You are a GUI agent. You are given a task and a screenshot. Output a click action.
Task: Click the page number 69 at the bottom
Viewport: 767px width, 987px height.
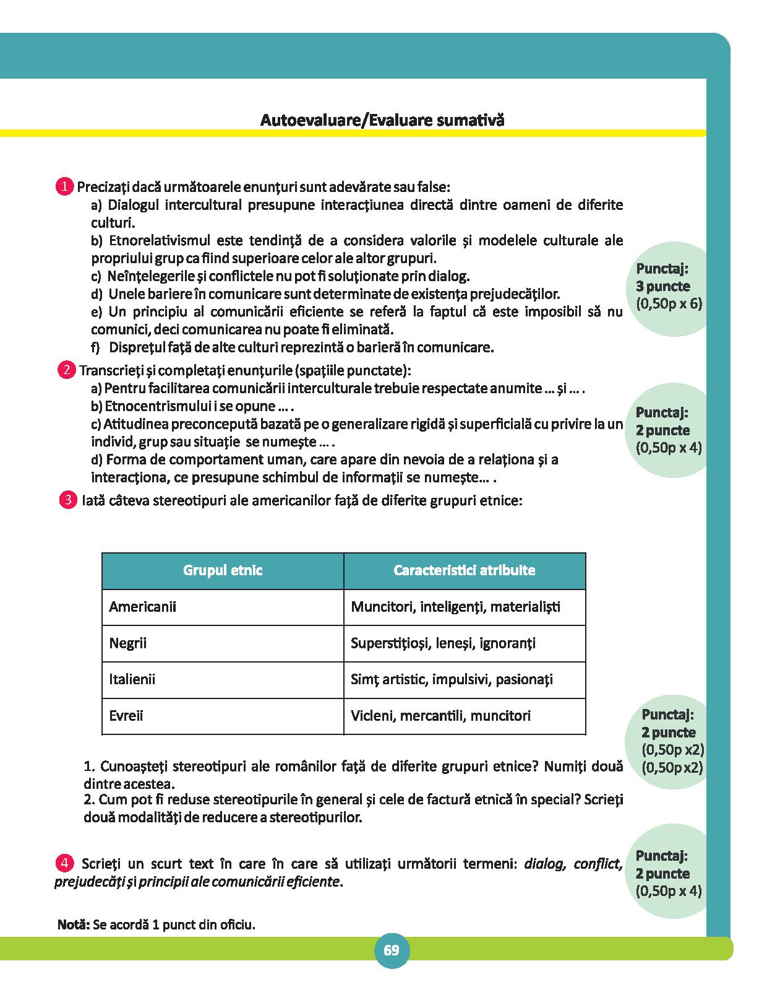coord(391,950)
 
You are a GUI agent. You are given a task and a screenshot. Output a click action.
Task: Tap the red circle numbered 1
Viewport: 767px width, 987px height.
coord(64,186)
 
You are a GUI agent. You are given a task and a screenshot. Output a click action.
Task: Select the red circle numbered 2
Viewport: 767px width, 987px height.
coord(66,370)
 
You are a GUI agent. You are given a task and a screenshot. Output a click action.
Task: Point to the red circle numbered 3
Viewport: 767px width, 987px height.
coord(67,500)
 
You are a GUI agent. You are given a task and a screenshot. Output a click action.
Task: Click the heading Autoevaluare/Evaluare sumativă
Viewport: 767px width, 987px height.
coord(382,120)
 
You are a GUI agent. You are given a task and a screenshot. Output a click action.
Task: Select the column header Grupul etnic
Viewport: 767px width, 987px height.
coord(223,570)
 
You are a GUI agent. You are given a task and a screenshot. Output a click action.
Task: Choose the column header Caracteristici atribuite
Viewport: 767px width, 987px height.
coord(464,570)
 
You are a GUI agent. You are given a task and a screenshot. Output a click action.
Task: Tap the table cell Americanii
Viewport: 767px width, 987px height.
coord(142,606)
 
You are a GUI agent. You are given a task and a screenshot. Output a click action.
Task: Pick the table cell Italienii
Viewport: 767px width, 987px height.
coord(132,679)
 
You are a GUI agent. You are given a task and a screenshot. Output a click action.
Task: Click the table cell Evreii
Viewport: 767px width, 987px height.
coord(126,716)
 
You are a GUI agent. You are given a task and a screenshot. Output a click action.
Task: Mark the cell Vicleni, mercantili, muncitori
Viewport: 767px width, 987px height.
coord(440,716)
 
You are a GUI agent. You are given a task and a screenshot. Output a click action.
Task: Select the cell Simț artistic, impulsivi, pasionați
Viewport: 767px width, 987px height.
coord(452,679)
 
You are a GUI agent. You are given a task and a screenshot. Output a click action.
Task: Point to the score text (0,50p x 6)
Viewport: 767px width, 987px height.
coord(669,304)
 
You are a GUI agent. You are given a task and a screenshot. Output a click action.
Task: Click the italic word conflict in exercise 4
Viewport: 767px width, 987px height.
coord(597,864)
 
